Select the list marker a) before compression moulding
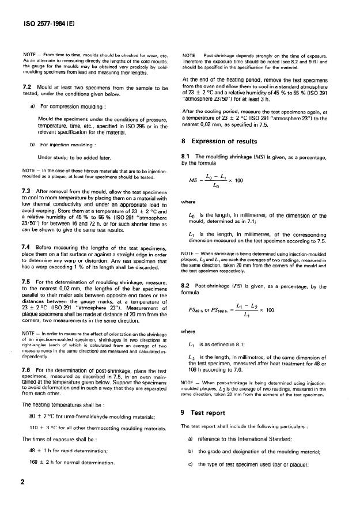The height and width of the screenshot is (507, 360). pos(32,107)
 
